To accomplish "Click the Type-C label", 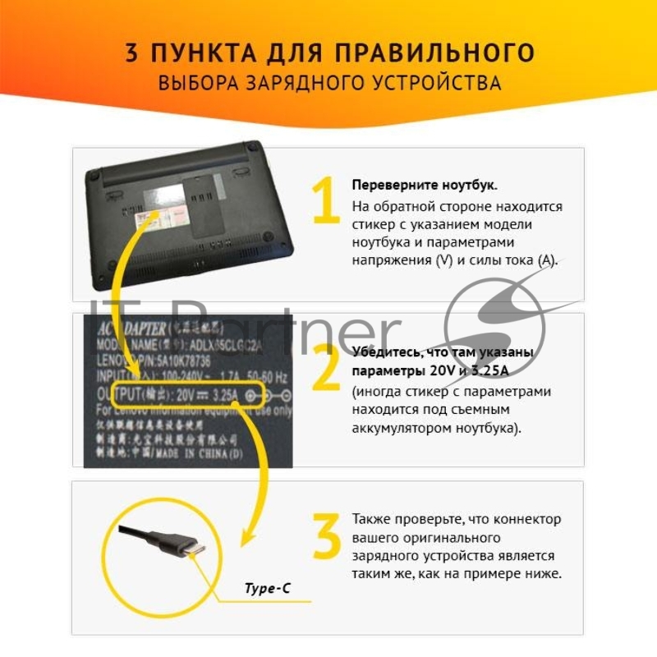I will click(267, 588).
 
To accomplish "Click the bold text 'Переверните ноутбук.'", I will click(424, 185).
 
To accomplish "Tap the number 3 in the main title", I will click(132, 53).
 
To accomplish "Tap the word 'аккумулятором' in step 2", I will click(393, 428).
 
